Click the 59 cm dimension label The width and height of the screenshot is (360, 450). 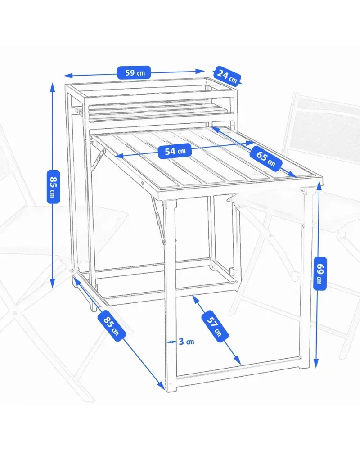pyautogui.click(x=134, y=72)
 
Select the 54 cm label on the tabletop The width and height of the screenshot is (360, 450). pyautogui.click(x=175, y=151)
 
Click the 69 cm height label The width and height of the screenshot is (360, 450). pyautogui.click(x=320, y=274)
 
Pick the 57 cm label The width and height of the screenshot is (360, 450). pyautogui.click(x=215, y=326)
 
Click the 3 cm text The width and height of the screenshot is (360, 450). pyautogui.click(x=186, y=342)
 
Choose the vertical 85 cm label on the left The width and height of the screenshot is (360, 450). pyautogui.click(x=53, y=187)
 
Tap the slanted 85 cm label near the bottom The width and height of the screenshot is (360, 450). pyautogui.click(x=112, y=326)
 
